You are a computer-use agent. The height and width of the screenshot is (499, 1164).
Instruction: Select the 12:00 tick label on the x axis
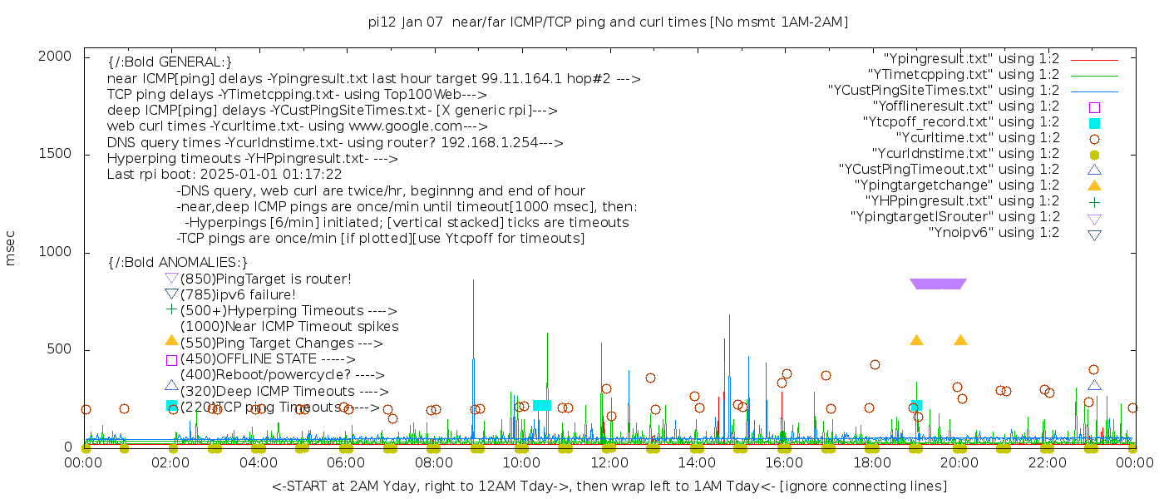[609, 462]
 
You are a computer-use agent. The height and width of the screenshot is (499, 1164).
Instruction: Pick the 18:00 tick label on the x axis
[872, 462]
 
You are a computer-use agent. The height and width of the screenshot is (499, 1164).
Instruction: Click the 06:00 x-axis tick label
[347, 462]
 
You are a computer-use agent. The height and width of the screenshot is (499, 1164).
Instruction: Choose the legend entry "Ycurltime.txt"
[977, 138]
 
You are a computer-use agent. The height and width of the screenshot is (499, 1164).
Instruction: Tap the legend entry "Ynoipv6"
[994, 233]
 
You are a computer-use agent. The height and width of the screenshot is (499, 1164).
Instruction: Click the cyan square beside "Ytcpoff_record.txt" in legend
[1094, 123]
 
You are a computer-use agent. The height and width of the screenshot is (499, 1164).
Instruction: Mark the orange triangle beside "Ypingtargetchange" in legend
[1094, 185]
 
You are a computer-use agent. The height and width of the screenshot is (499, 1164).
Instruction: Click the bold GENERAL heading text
[170, 62]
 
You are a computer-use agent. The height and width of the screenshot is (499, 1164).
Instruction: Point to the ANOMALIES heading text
[178, 263]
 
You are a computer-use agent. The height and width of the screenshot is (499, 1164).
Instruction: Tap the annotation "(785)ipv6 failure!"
[238, 295]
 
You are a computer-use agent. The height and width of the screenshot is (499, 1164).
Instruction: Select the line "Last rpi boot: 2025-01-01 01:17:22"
[224, 175]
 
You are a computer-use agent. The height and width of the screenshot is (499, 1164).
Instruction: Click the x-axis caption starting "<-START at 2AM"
[609, 486]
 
